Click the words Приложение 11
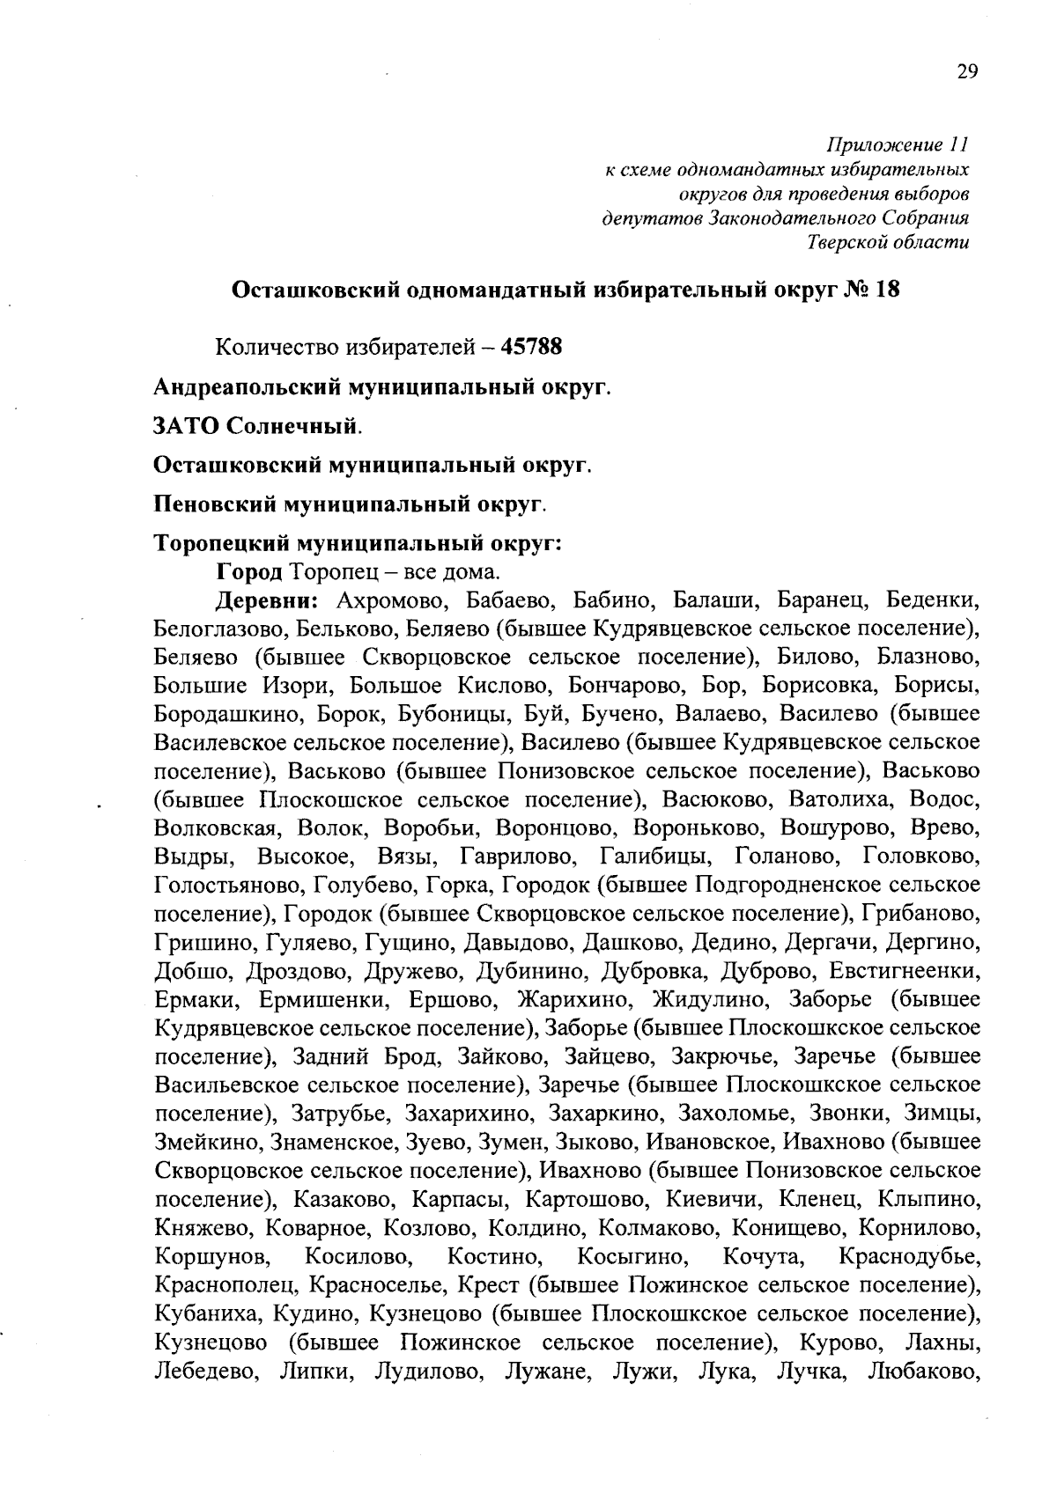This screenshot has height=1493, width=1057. pyautogui.click(x=898, y=144)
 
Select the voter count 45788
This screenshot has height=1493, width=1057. pyautogui.click(x=531, y=347)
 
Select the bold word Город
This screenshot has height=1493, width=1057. pyautogui.click(x=249, y=571)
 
